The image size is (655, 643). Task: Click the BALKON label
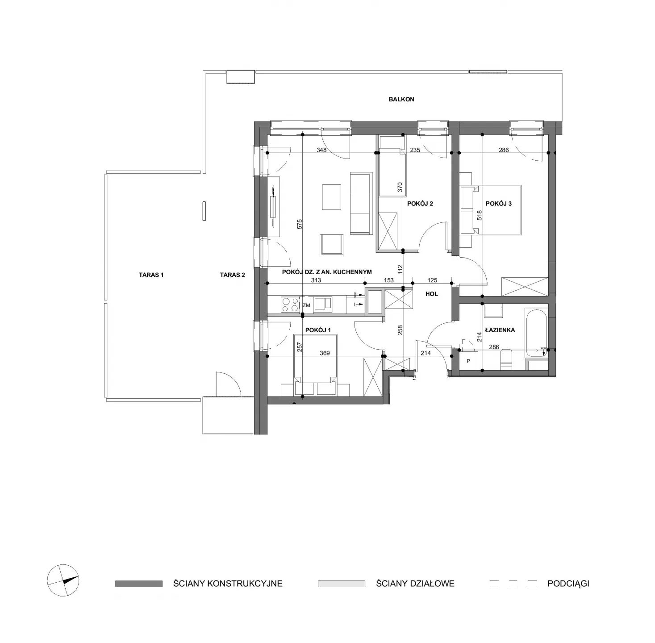point(401,99)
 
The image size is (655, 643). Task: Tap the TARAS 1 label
point(151,275)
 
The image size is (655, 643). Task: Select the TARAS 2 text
point(233,275)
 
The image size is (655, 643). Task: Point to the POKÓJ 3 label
point(499,204)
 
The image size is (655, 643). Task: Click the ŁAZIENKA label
point(500,330)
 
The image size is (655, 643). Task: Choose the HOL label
point(432,294)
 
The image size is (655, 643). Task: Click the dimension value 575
point(300,224)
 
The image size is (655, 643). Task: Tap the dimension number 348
point(321,150)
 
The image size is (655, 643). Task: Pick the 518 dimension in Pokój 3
point(479,215)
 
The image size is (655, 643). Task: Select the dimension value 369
point(325,353)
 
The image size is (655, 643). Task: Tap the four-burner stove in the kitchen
point(290,305)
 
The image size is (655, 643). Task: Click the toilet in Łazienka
point(506,359)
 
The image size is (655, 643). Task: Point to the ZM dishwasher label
point(306,305)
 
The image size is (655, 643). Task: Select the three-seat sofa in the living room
point(361,203)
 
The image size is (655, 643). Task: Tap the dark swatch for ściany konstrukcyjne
point(139,584)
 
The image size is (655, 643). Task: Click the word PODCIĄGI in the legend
point(568,584)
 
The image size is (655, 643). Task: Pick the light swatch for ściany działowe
point(341,584)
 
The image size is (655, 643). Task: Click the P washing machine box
point(468,361)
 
